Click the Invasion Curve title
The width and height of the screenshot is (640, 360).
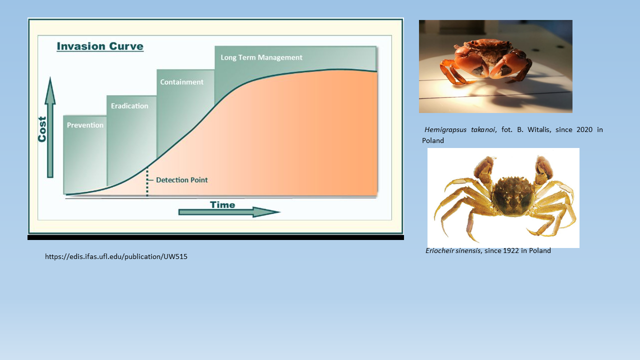coord(100,46)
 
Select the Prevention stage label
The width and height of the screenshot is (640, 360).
coord(85,125)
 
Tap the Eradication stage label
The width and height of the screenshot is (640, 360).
coord(129,106)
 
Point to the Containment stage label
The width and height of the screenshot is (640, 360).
coord(181,82)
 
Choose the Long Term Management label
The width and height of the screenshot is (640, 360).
coord(261,57)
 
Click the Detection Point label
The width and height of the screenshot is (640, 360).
coord(182,180)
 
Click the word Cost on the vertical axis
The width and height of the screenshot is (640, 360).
coord(42,129)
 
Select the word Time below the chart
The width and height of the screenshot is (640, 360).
coord(222,205)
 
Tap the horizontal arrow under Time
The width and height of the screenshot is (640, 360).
coord(229,212)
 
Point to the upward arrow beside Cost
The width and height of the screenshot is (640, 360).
coord(50,127)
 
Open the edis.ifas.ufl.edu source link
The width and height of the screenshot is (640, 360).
coord(116,256)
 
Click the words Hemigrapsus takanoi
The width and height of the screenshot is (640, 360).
coord(459,129)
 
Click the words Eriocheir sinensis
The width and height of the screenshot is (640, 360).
coord(453,250)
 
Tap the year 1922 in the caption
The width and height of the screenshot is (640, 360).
coord(511,250)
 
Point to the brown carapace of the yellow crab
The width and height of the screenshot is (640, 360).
coord(513,195)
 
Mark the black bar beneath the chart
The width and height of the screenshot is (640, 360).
coord(215,237)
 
